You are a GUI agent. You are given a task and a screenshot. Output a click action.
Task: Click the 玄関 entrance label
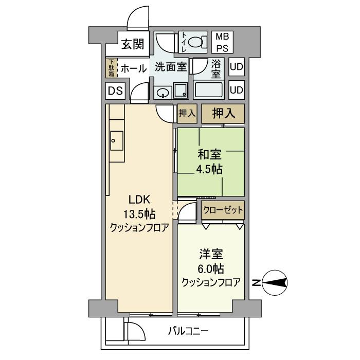pyautogui.click(x=133, y=44)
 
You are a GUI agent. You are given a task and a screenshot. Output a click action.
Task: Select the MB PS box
pyautogui.click(x=222, y=42)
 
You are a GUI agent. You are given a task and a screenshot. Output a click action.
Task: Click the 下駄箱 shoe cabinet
pyautogui.click(x=111, y=68)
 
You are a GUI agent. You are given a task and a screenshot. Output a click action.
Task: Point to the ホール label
pyautogui.click(x=134, y=68)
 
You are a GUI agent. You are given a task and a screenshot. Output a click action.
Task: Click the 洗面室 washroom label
pyautogui.click(x=170, y=67)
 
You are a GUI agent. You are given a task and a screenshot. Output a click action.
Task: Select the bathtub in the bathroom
pyautogui.click(x=209, y=91)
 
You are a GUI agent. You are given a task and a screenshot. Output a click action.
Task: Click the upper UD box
pyautogui.click(x=236, y=67)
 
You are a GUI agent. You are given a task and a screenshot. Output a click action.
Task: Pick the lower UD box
pyautogui.click(x=236, y=90)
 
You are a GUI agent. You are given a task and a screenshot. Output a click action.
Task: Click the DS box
pyautogui.click(x=115, y=92)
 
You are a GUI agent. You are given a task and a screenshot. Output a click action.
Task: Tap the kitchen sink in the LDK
pyautogui.click(x=116, y=139)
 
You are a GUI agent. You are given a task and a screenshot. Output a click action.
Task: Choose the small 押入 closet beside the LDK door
pyautogui.click(x=187, y=113)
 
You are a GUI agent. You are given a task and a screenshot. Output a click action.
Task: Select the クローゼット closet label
pyautogui.click(x=223, y=210)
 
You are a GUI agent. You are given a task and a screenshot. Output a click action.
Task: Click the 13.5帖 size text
pyautogui.click(x=139, y=214)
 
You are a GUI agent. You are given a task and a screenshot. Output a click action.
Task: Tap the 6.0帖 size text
pyautogui.click(x=211, y=268)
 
